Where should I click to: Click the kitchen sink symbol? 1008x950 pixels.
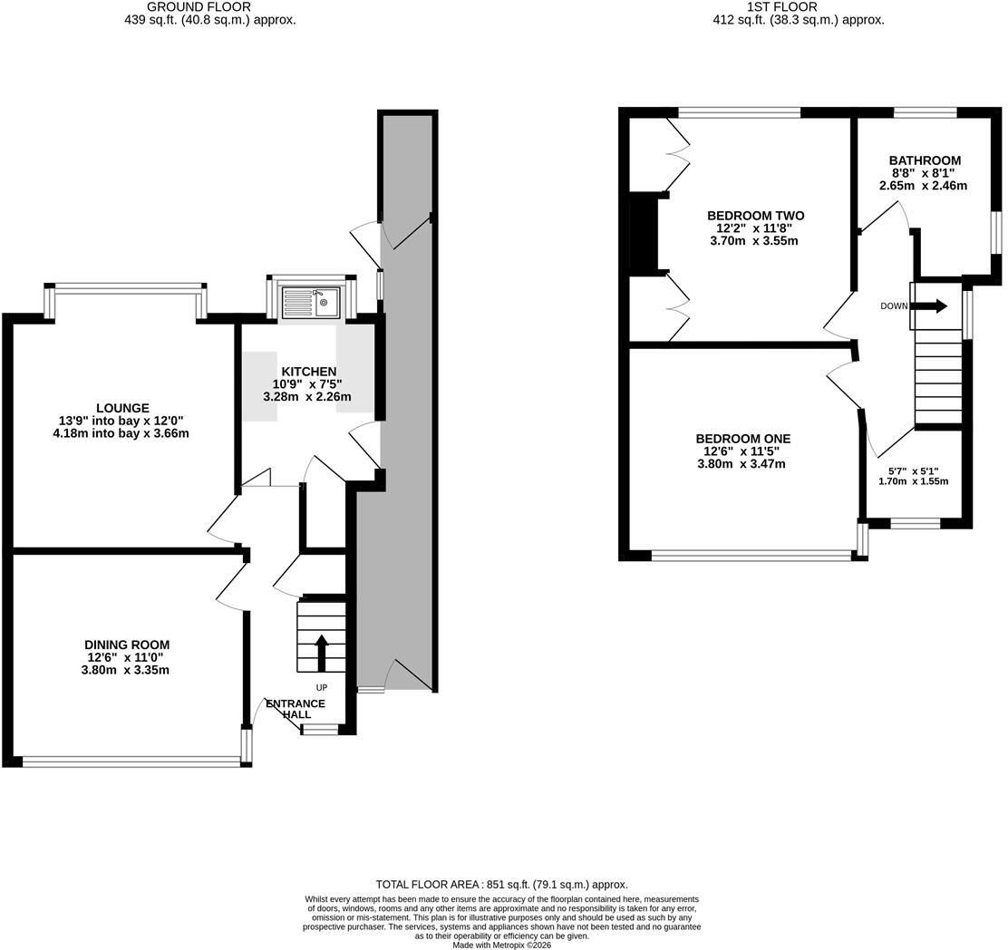pos(311,302)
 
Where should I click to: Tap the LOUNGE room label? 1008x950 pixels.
pos(122,408)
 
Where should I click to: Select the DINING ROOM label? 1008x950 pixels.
pos(127,645)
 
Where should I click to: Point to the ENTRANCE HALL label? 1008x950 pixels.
pos(296,708)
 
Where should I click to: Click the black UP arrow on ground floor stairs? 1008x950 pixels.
pos(322,654)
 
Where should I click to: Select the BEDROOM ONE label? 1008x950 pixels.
pos(743,439)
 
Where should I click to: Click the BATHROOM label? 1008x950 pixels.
pos(926,160)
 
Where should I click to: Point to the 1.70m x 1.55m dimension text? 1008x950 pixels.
pos(914,480)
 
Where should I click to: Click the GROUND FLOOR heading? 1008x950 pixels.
pos(199,7)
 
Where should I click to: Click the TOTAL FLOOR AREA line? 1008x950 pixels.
pos(501,885)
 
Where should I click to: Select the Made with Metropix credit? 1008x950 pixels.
pos(501,945)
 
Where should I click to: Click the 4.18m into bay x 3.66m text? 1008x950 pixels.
pos(122,433)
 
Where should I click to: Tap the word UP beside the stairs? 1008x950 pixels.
pos(322,688)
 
